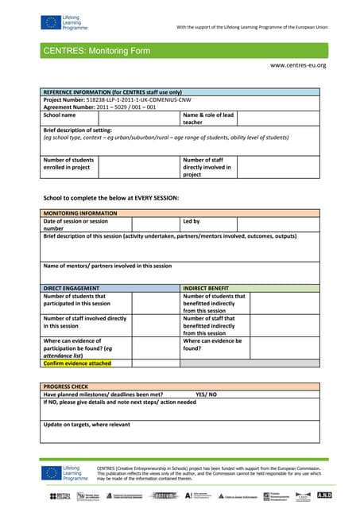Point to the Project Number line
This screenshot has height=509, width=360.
click(x=117, y=100)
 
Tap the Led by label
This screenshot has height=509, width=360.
click(x=192, y=221)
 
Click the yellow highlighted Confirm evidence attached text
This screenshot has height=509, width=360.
click(x=77, y=363)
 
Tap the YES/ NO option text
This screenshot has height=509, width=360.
click(x=206, y=394)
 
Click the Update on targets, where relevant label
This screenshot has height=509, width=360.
click(x=87, y=424)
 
